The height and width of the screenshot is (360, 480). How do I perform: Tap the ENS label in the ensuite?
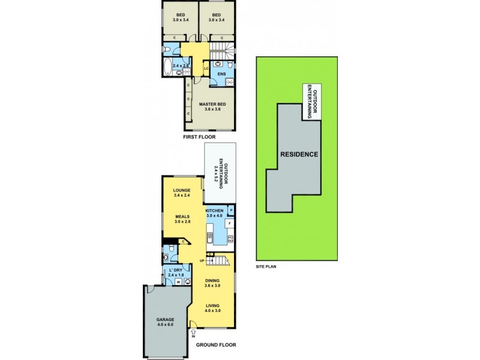[x=221, y=74]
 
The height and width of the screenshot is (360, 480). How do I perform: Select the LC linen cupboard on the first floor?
[x=206, y=68]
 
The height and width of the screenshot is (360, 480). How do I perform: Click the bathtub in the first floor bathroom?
[x=166, y=67]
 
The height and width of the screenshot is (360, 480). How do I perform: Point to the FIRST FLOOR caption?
[x=199, y=137]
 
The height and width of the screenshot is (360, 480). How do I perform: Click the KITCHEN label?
[x=215, y=211]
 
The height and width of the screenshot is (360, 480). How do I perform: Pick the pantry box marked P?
[x=230, y=210]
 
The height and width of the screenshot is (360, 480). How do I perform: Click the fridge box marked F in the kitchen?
[x=229, y=223]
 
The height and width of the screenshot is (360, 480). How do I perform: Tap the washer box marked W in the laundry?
[x=178, y=281]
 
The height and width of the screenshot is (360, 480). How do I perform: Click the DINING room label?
[x=212, y=281]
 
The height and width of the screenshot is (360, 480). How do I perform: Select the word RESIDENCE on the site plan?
[x=299, y=154]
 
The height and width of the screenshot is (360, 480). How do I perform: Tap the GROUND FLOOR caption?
[x=215, y=345]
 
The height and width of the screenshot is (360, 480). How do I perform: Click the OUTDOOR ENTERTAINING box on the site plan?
[x=310, y=101]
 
